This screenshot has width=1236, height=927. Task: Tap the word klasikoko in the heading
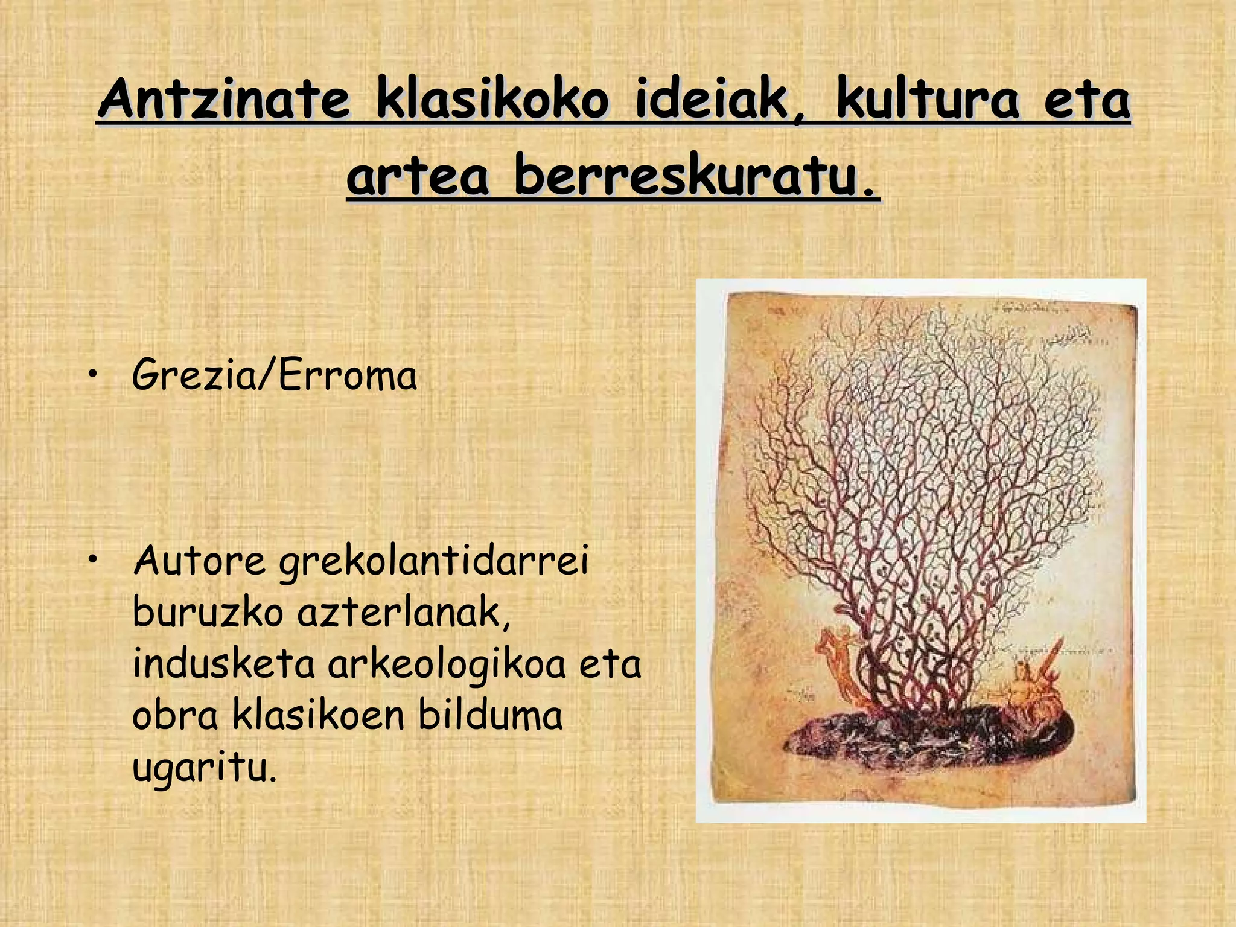(x=492, y=100)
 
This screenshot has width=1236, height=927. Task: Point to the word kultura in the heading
(x=927, y=100)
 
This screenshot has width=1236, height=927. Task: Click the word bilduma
(x=490, y=716)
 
